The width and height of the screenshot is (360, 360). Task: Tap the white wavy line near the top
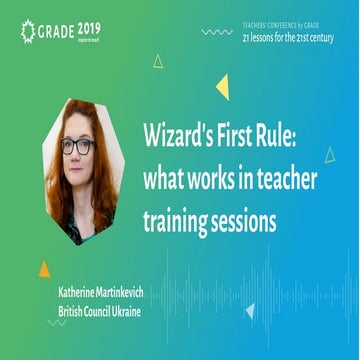216,32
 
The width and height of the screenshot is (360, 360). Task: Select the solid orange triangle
43,268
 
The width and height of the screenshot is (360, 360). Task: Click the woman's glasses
77,145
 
